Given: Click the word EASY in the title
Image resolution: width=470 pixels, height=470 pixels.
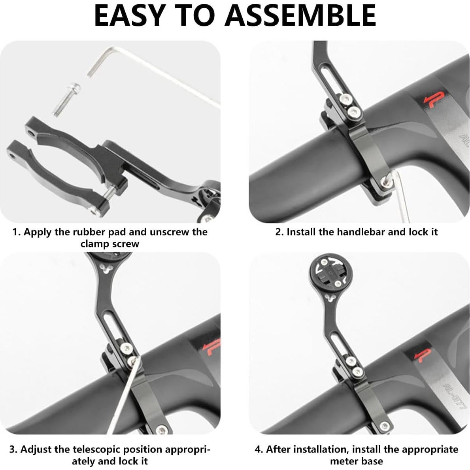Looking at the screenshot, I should point(129,16).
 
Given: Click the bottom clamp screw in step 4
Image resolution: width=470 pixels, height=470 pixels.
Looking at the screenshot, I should point(384,426).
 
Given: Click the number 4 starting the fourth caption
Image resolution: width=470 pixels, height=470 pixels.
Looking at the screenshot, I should point(258,449).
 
